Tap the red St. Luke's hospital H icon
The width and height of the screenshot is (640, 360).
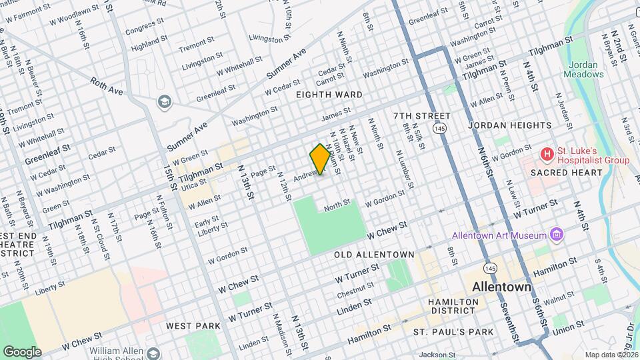click(x=547, y=155)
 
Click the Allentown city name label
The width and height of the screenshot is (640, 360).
click(x=501, y=287)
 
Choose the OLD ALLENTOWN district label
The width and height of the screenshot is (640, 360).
click(x=374, y=255)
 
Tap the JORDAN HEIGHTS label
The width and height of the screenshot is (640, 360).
click(x=510, y=125)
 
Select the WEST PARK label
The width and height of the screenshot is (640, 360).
click(x=193, y=326)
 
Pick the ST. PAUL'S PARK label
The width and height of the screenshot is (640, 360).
click(x=453, y=332)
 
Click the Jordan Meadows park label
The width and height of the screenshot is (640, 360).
click(x=587, y=69)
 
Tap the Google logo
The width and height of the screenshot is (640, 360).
click(x=22, y=351)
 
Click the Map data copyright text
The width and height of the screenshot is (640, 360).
click(x=611, y=355)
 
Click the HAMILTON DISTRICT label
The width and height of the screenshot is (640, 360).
click(x=453, y=306)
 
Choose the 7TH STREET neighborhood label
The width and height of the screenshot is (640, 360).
click(x=422, y=116)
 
